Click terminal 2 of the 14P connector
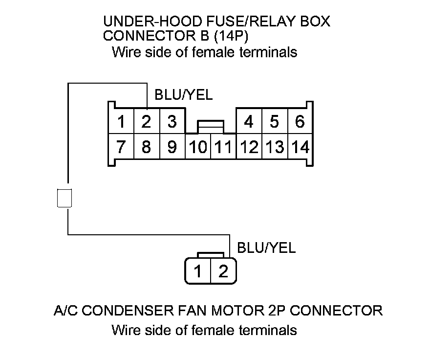click(x=146, y=121)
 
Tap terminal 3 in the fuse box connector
click(x=172, y=121)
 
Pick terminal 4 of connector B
click(x=249, y=121)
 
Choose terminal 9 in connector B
click(x=172, y=147)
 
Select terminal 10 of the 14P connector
click(x=198, y=147)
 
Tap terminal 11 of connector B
click(x=223, y=147)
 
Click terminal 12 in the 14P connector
click(x=249, y=147)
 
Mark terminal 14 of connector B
click(x=301, y=147)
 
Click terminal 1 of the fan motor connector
click(x=197, y=271)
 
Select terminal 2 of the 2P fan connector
click(x=223, y=271)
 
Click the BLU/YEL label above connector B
click(x=183, y=95)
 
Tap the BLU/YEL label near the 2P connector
click(x=266, y=248)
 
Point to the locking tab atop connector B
click(x=211, y=126)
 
